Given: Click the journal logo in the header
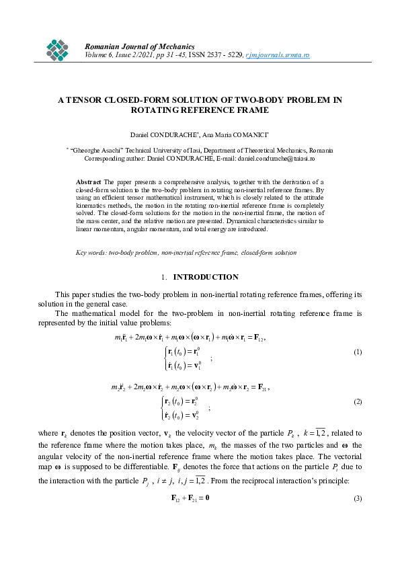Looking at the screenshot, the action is click(x=58, y=48).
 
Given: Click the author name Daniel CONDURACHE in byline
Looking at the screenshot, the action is click(x=159, y=136).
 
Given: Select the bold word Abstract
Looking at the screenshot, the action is click(x=88, y=181).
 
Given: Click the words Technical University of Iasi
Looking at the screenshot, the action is click(x=153, y=151).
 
